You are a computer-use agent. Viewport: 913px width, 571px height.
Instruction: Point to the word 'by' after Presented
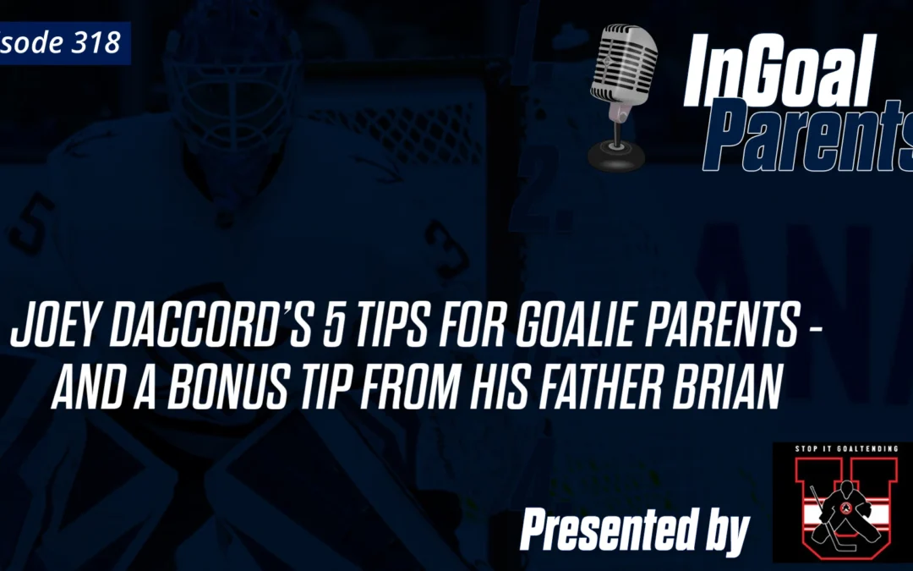coord(722,533)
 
